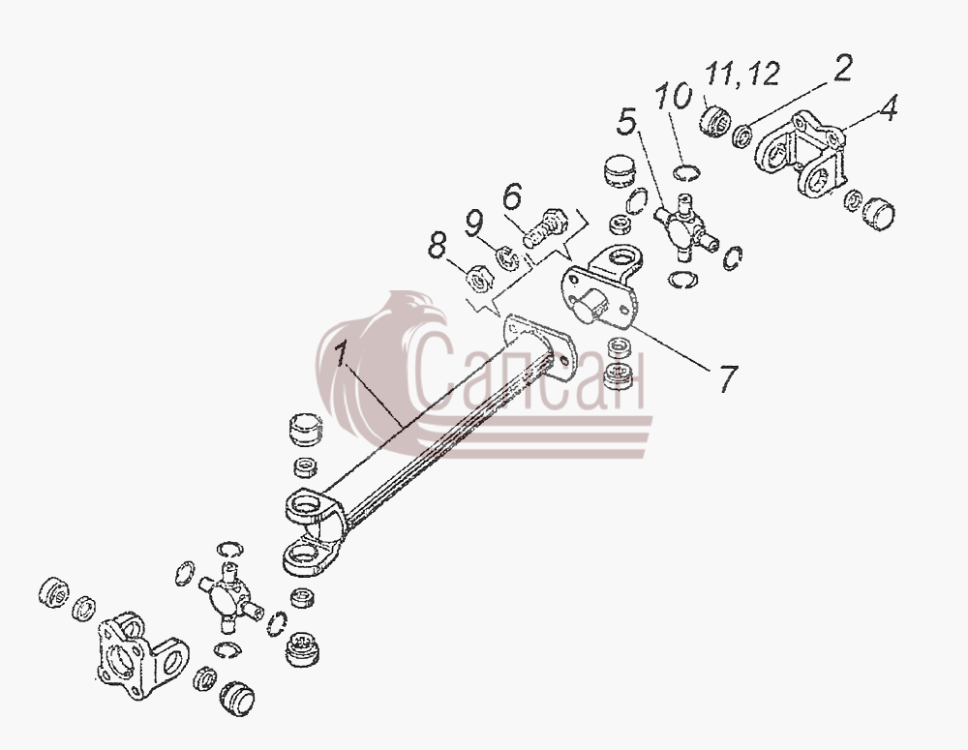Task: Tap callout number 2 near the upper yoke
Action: coord(842,68)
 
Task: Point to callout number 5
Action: coord(626,121)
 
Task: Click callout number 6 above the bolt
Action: coord(512,197)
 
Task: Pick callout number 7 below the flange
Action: coord(727,379)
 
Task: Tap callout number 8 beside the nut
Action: coord(437,246)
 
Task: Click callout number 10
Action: coord(674,98)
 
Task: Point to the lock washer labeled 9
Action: coord(507,257)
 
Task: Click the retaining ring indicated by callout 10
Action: coord(686,173)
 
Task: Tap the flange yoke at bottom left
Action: coord(142,655)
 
